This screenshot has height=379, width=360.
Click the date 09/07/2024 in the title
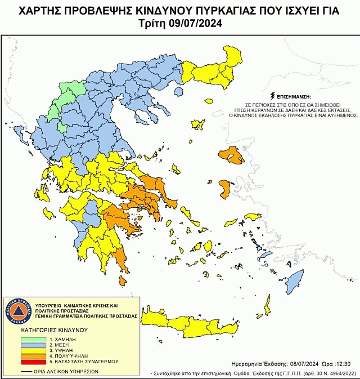point(198,23)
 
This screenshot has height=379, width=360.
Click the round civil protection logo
point(17,311)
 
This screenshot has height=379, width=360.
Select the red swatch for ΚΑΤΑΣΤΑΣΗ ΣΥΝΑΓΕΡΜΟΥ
point(34,362)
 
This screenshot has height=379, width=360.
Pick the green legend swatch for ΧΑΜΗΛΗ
point(34,340)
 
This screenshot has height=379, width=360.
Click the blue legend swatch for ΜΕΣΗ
point(34,345)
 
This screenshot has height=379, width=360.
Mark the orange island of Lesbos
point(231,155)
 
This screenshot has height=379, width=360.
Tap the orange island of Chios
point(226,188)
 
